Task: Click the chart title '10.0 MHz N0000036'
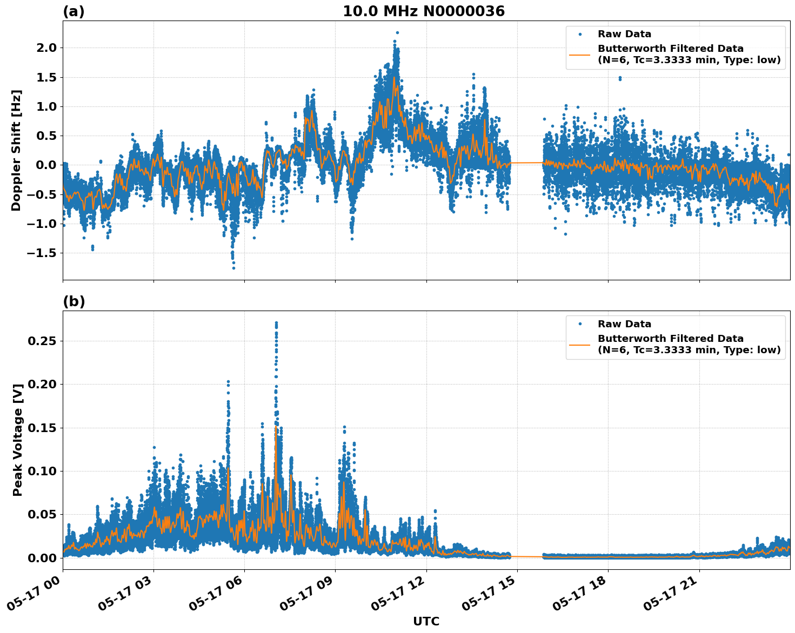423,11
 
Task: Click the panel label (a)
74,11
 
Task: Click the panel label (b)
74,301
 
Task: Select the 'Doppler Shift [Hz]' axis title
16,150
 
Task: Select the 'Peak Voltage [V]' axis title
18,440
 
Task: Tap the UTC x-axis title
426,621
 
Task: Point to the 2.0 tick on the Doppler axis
45,48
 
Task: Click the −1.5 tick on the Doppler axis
41,253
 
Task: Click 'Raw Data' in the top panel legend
624,34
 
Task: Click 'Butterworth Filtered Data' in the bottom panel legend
670,339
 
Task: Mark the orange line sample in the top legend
579,54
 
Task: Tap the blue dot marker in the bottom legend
579,324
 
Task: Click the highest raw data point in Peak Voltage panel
276,323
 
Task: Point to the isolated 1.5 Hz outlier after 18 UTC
620,78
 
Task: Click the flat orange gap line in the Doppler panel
527,163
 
